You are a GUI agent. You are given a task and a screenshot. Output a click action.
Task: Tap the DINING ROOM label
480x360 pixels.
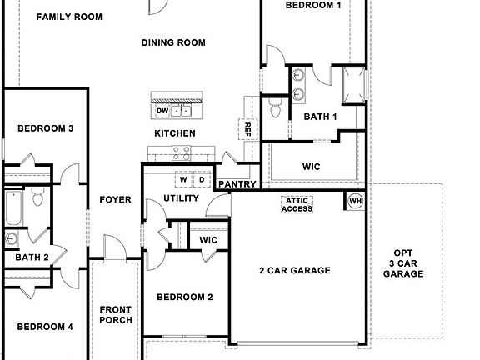pyautogui.click(x=173, y=42)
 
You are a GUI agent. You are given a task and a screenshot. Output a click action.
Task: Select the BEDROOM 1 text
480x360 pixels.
pyautogui.click(x=313, y=6)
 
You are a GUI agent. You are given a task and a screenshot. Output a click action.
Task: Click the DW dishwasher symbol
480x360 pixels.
pyautogui.click(x=162, y=111)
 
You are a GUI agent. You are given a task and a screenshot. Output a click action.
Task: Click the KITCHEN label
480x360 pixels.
pyautogui.click(x=175, y=133)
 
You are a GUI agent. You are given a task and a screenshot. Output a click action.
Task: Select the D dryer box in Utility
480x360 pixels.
pyautogui.click(x=201, y=179)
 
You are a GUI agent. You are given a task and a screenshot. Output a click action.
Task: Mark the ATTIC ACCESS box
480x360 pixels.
pyautogui.click(x=298, y=204)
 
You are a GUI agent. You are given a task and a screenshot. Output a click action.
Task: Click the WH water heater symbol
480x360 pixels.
pyautogui.click(x=355, y=201)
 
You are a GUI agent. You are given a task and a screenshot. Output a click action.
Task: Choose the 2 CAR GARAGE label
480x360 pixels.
pyautogui.click(x=295, y=270)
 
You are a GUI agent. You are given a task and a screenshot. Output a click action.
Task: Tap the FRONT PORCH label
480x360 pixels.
pyautogui.click(x=116, y=315)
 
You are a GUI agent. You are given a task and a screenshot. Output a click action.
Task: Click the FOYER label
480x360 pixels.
pyautogui.click(x=116, y=199)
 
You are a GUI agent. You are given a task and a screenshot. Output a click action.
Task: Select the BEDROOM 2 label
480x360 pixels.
pyautogui.click(x=185, y=297)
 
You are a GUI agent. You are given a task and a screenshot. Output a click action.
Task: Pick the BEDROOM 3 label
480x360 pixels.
pyautogui.click(x=46, y=128)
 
